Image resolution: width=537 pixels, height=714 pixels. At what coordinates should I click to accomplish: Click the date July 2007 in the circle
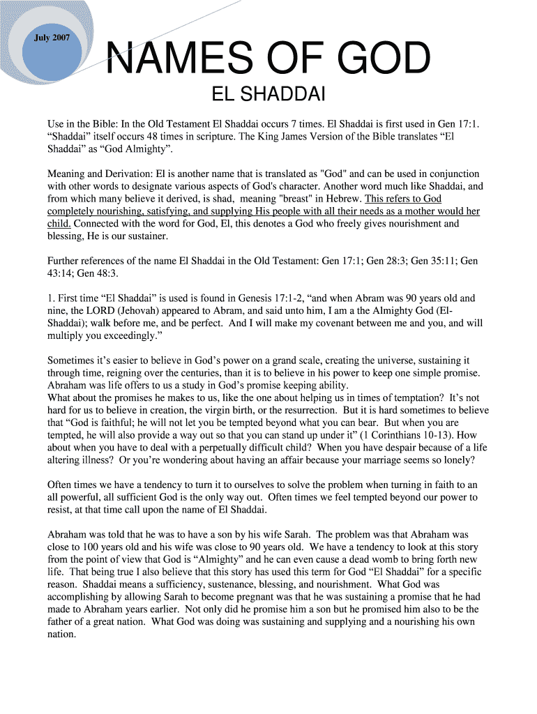tap(52, 38)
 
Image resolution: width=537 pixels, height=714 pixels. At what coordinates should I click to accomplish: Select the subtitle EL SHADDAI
tap(268, 95)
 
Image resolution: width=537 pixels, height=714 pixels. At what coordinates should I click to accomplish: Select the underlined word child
tap(59, 224)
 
